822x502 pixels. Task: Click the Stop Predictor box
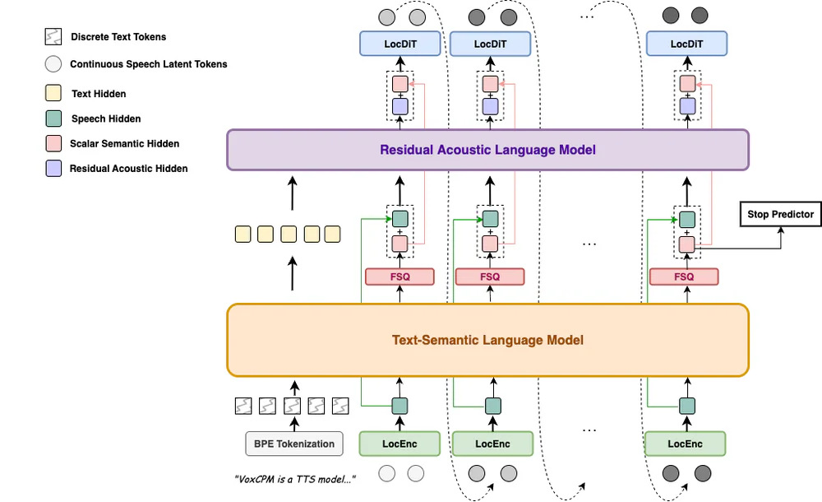pyautogui.click(x=780, y=215)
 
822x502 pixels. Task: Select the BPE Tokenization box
pyautogui.click(x=293, y=444)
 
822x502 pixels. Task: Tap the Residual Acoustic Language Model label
pyautogui.click(x=487, y=150)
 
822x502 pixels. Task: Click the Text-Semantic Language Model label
pyautogui.click(x=487, y=339)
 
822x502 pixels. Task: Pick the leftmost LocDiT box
pyautogui.click(x=400, y=44)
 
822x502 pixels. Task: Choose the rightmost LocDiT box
pyautogui.click(x=686, y=44)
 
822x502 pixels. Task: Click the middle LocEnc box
pyautogui.click(x=492, y=444)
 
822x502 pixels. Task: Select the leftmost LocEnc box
pyautogui.click(x=399, y=444)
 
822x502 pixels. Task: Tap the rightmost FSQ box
pyautogui.click(x=684, y=277)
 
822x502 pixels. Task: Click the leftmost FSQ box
pyautogui.click(x=399, y=277)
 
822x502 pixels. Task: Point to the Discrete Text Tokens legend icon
pyautogui.click(x=53, y=37)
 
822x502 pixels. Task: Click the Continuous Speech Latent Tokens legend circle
pyautogui.click(x=53, y=64)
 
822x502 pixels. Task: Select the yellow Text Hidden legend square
pyautogui.click(x=53, y=94)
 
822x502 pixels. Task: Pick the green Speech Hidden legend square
pyautogui.click(x=53, y=119)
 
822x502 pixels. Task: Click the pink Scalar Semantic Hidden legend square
pyautogui.click(x=53, y=143)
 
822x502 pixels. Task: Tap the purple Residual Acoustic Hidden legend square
pyautogui.click(x=53, y=169)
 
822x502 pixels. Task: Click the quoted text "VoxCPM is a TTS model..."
pyautogui.click(x=295, y=478)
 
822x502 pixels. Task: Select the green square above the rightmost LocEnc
pyautogui.click(x=686, y=406)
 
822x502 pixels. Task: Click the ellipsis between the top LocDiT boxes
pyautogui.click(x=587, y=15)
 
